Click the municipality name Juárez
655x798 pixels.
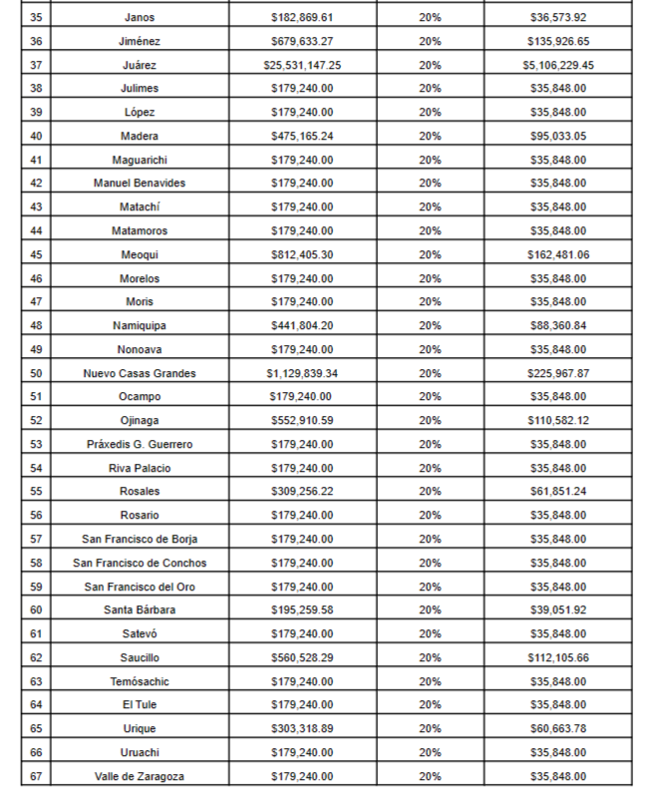[x=140, y=65]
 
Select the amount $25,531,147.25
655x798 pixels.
[x=302, y=65]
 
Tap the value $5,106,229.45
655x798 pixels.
[x=558, y=65]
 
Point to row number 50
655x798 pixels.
[x=37, y=373]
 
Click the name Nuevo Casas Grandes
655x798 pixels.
[x=140, y=373]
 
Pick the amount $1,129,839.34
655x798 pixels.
[x=302, y=373]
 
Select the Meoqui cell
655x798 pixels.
[x=140, y=254]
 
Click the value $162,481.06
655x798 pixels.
[x=558, y=254]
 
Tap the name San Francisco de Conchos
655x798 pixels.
[x=140, y=563]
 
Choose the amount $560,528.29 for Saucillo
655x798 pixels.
[x=302, y=657]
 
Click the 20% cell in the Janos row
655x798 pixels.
[x=431, y=18]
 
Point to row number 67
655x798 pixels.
[x=37, y=776]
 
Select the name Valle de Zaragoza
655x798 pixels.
[x=140, y=776]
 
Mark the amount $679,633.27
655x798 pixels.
[x=302, y=41]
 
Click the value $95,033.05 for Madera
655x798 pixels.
[x=558, y=136]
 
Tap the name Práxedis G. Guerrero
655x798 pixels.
[x=140, y=444]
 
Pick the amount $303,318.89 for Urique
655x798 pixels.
[x=302, y=728]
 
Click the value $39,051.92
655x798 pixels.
[x=558, y=609]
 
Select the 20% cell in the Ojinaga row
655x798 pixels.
[x=431, y=420]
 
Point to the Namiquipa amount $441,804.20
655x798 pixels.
[x=302, y=325]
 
